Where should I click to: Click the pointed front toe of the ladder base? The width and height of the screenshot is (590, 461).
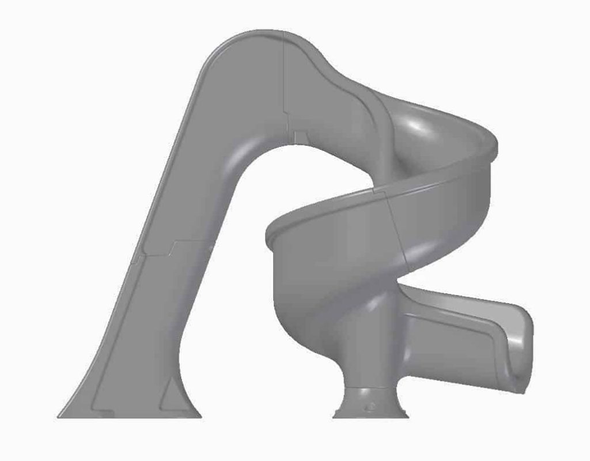(62, 414)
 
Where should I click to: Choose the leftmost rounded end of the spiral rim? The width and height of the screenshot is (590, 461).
(268, 233)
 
